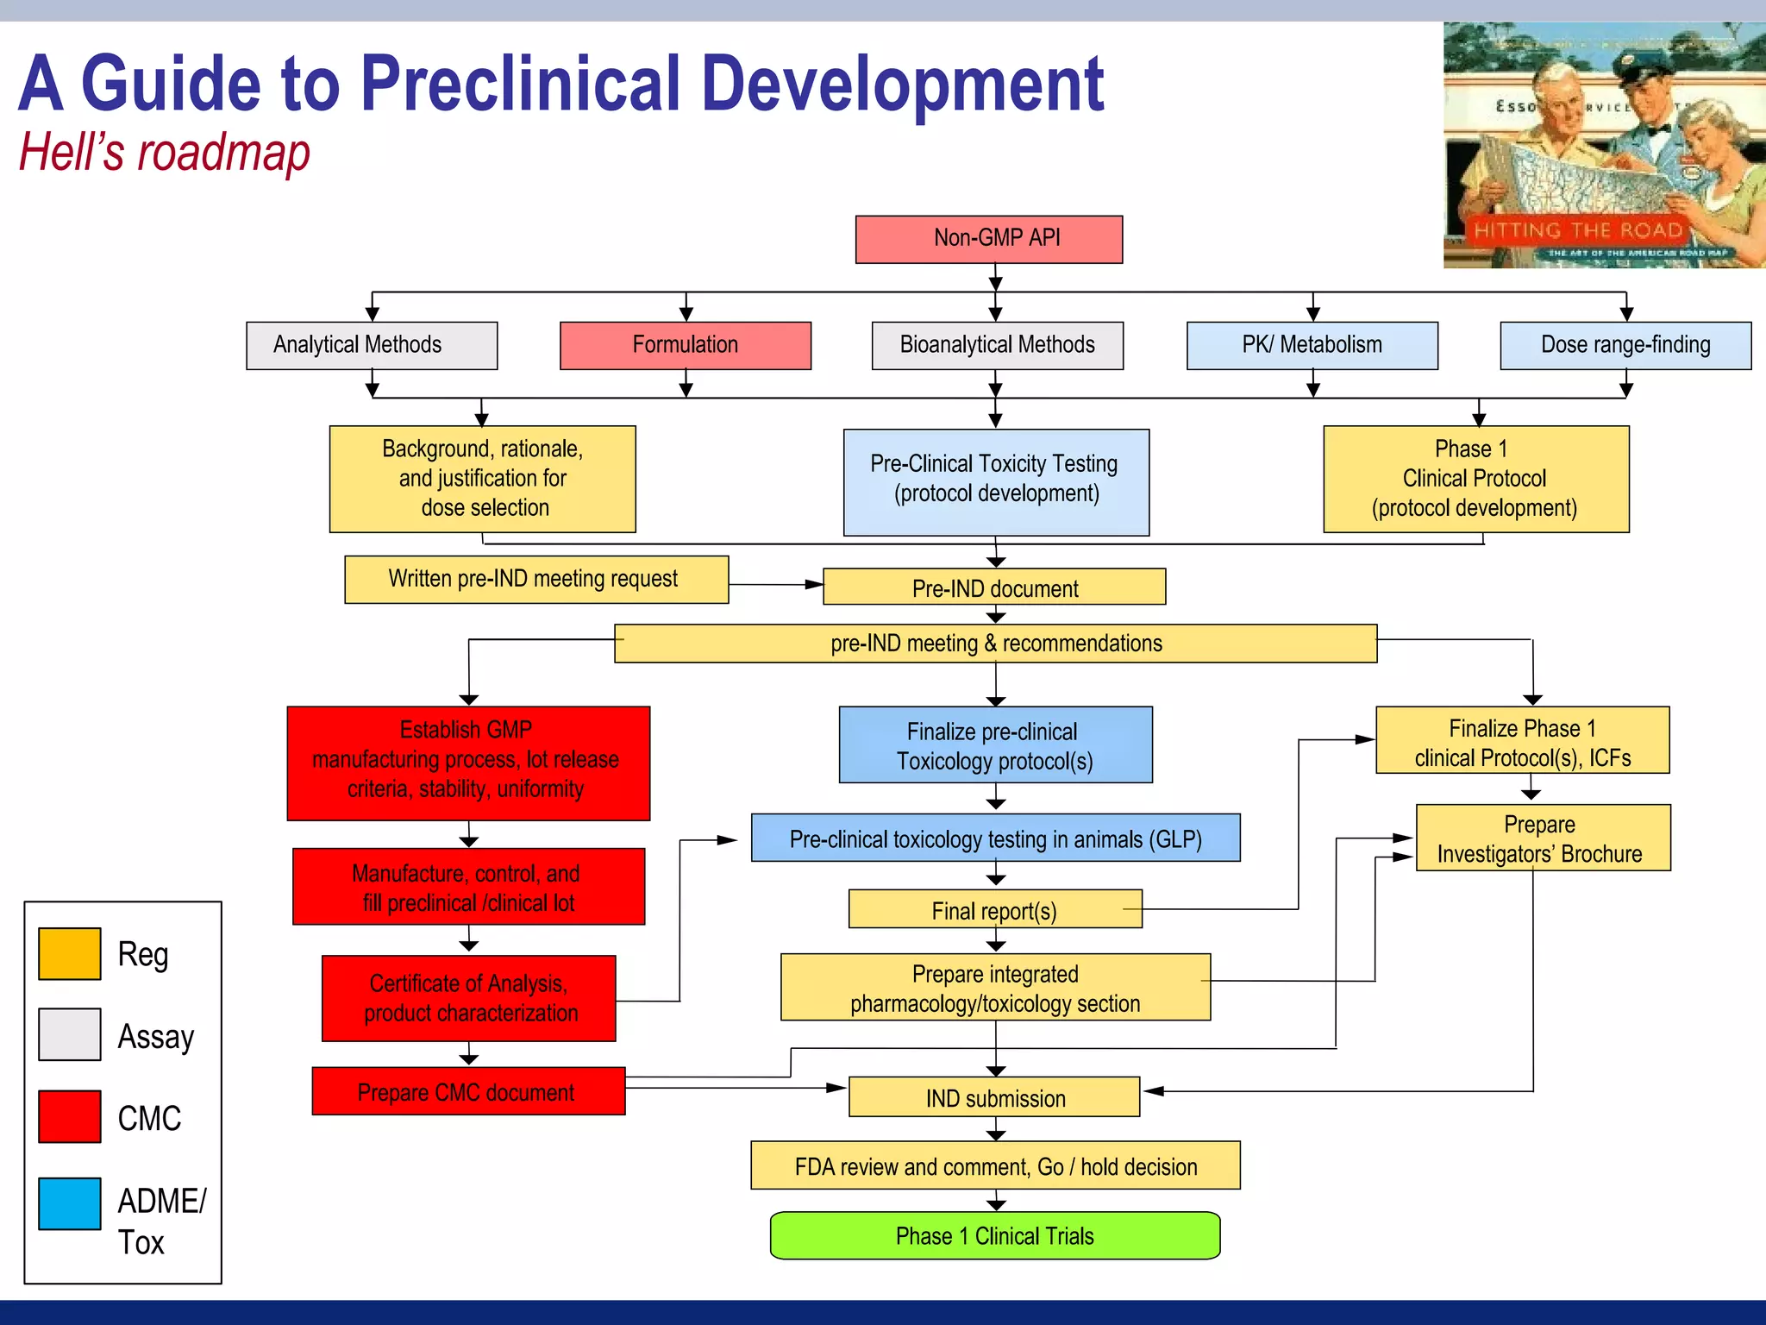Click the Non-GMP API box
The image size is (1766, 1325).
pyautogui.click(x=988, y=239)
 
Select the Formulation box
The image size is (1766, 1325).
pyautogui.click(x=685, y=345)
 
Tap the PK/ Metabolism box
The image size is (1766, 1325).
pyautogui.click(x=1312, y=345)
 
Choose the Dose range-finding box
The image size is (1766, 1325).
pyautogui.click(x=1625, y=345)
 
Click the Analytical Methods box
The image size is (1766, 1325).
pyautogui.click(x=371, y=345)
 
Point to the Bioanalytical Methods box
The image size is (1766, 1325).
pyautogui.click(x=997, y=345)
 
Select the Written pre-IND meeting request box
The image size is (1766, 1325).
pyautogui.click(x=535, y=579)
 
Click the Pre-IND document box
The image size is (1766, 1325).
pyautogui.click(x=994, y=587)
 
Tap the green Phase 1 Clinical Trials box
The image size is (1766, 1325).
pyautogui.click(x=994, y=1235)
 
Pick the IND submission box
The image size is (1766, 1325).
pyautogui.click(x=994, y=1097)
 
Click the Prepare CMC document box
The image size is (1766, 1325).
pyautogui.click(x=467, y=1091)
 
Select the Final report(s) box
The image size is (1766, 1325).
pyautogui.click(x=994, y=909)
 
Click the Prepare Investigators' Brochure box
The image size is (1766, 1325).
pyautogui.click(x=1542, y=838)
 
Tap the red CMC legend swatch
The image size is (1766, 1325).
pyautogui.click(x=70, y=1116)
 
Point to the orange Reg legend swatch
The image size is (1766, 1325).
pyautogui.click(x=70, y=953)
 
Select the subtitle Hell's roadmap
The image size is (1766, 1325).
pyautogui.click(x=164, y=154)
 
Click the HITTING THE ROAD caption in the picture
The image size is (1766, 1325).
pyautogui.click(x=1577, y=230)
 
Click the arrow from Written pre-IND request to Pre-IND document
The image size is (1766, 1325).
pyautogui.click(x=776, y=584)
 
